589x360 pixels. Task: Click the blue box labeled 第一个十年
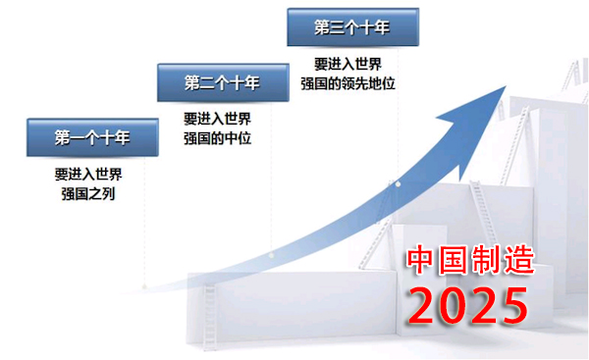coord(91,137)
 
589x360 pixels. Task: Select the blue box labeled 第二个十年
coord(222,82)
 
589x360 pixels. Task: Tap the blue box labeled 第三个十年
coord(351,27)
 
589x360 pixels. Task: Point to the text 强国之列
coord(88,193)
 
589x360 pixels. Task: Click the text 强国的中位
coord(218,137)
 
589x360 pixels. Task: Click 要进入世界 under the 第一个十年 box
coord(88,174)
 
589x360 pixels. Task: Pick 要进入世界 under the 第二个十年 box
coord(218,118)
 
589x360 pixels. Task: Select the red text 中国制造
coord(472,261)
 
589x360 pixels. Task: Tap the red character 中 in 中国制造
coord(424,261)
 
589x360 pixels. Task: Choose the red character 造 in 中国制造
coord(519,261)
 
